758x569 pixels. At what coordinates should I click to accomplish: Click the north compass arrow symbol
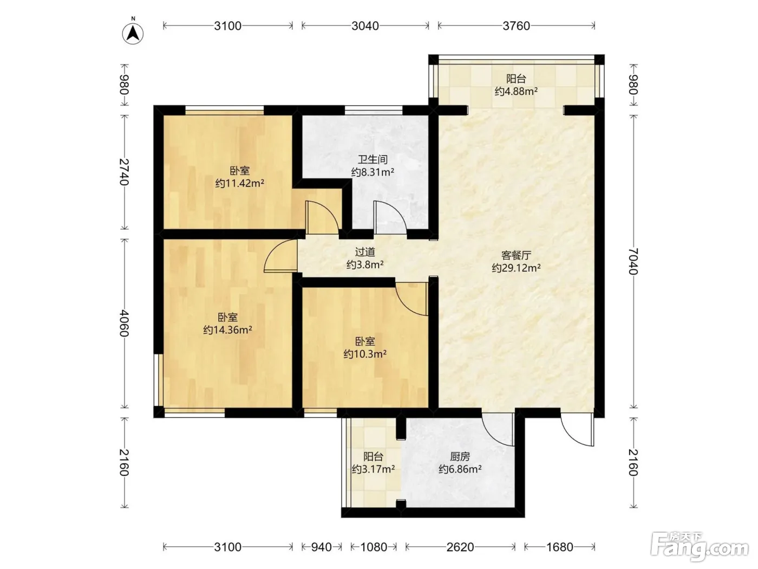click(133, 34)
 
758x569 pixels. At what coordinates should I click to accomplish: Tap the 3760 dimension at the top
click(517, 26)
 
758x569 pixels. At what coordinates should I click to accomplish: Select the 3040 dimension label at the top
click(365, 26)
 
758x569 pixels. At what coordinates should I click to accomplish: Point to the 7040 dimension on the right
click(632, 261)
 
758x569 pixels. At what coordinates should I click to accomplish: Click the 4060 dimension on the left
click(124, 324)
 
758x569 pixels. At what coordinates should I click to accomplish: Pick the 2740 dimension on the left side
click(124, 172)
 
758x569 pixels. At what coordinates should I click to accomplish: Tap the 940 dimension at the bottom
click(321, 547)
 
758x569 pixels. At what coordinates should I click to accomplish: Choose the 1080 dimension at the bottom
click(374, 547)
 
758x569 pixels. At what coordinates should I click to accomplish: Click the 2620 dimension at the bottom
click(460, 547)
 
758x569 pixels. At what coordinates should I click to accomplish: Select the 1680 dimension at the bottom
click(560, 547)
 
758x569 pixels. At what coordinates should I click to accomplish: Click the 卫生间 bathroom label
click(373, 159)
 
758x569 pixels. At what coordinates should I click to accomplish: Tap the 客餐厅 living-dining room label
click(517, 255)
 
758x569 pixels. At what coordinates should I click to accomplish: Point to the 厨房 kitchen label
click(460, 457)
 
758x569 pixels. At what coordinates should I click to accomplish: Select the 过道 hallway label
click(365, 252)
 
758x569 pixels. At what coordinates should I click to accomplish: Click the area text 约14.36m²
click(227, 330)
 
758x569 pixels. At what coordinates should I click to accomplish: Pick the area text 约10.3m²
click(365, 354)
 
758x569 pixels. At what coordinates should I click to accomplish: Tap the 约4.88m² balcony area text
click(516, 92)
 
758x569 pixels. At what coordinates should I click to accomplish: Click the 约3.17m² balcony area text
click(373, 469)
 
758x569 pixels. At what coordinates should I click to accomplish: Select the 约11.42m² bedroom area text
click(240, 183)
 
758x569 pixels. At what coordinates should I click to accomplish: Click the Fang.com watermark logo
click(700, 547)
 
